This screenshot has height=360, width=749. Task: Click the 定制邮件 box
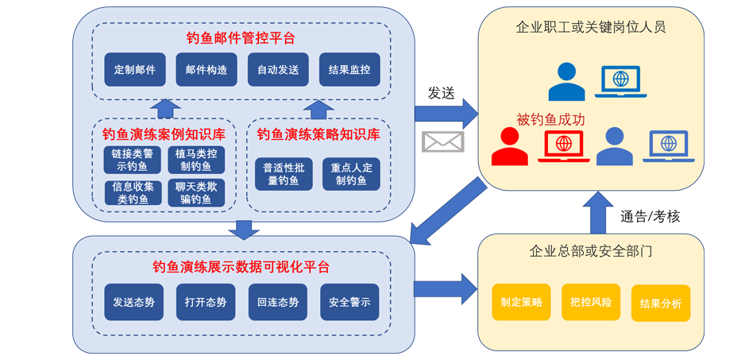(134, 70)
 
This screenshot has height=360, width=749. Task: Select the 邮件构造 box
(206, 70)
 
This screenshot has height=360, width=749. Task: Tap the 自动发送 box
(278, 70)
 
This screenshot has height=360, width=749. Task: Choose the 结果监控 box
(349, 70)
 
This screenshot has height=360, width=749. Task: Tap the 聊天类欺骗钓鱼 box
(195, 193)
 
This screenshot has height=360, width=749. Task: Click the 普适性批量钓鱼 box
(284, 174)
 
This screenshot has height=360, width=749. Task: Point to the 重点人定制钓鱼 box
(350, 174)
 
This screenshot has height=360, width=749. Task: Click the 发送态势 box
(133, 302)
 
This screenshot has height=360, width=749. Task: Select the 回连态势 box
(278, 302)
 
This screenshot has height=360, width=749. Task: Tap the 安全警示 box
(349, 302)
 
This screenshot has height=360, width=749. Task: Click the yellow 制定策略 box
(521, 302)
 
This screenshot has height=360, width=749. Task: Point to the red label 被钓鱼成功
(550, 120)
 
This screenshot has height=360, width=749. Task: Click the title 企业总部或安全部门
(591, 252)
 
